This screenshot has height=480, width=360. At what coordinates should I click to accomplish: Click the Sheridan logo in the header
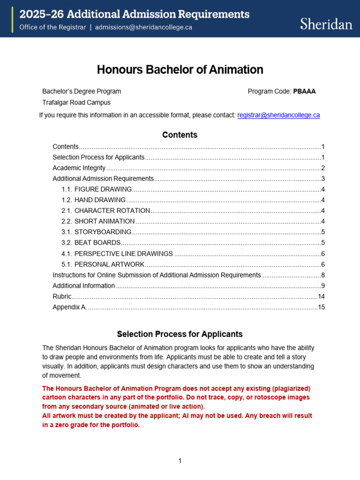click(x=326, y=24)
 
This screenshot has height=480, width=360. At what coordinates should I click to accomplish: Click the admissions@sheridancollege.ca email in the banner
click(x=143, y=27)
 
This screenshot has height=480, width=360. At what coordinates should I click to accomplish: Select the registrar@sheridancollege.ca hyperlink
click(x=278, y=115)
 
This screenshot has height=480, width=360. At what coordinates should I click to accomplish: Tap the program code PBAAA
click(x=304, y=91)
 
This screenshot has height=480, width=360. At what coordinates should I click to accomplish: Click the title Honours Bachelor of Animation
click(x=180, y=70)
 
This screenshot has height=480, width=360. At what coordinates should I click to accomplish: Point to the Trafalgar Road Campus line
click(x=76, y=102)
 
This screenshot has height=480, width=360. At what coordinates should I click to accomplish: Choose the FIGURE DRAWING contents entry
click(x=103, y=189)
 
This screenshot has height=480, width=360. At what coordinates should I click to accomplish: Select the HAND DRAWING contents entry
click(x=100, y=200)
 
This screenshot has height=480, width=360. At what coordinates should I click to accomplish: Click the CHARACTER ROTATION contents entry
click(x=112, y=210)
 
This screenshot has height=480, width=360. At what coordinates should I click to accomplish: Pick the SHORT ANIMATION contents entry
click(x=105, y=221)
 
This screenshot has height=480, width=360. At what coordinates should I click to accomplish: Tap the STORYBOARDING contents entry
click(x=103, y=232)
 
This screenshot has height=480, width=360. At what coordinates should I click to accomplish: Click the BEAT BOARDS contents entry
click(x=97, y=243)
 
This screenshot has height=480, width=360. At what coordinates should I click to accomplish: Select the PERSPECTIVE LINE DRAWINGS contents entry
click(x=123, y=254)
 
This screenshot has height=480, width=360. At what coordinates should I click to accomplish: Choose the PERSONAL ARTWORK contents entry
click(x=109, y=264)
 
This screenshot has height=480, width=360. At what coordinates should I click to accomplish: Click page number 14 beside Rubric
click(x=321, y=296)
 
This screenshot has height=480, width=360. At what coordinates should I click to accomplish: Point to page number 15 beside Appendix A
click(x=321, y=307)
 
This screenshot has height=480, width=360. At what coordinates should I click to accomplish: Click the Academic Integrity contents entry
click(x=79, y=168)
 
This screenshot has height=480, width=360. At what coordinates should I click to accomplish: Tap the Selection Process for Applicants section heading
click(x=180, y=334)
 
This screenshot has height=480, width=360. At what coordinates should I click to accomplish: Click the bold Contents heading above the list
click(x=180, y=135)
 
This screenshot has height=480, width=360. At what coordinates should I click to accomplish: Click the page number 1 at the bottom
click(x=180, y=461)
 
